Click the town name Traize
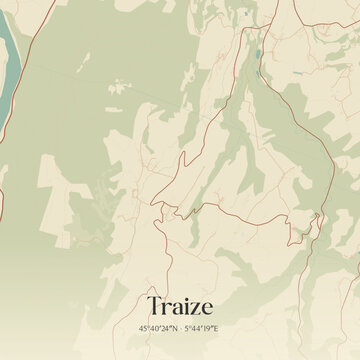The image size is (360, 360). (180, 304)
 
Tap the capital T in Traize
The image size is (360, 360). (156, 304)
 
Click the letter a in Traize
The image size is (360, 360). (175, 306)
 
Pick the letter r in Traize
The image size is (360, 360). (166, 306)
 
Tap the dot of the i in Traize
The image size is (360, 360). (184, 298)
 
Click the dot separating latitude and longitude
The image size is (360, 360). (181, 327)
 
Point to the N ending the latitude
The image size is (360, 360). (175, 327)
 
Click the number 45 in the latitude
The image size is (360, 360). (144, 327)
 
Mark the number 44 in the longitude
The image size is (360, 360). (197, 327)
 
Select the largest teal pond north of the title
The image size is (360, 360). (257, 53)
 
